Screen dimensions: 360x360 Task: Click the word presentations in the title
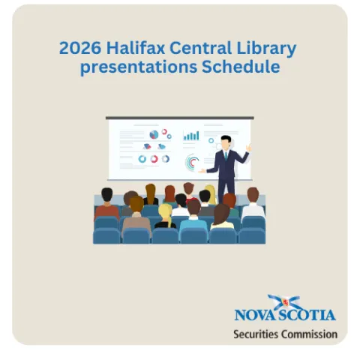point(136,67)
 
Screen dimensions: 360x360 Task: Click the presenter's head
point(225,142)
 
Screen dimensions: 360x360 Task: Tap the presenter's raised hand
point(248,148)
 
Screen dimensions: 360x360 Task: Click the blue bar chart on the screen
point(192,136)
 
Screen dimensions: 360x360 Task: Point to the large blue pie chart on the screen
point(154,133)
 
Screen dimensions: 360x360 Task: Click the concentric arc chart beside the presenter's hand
point(192,162)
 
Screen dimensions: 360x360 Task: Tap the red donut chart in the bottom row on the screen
point(154,159)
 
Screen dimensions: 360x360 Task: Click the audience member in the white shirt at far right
point(253,202)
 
